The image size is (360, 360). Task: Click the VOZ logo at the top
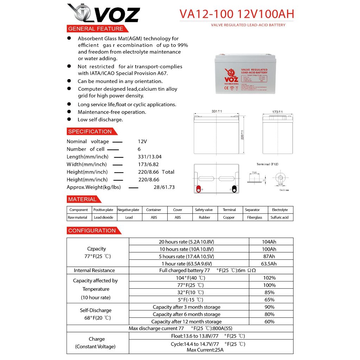(103, 13)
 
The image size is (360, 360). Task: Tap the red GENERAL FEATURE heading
(96, 29)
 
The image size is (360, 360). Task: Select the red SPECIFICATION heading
(90, 131)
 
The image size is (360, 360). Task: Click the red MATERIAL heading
(82, 199)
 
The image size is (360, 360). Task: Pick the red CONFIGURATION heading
(92, 231)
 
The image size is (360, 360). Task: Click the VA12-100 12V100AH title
(237, 14)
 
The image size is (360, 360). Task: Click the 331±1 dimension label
(217, 111)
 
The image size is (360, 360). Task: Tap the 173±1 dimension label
(277, 112)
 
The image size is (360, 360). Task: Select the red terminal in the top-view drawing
(198, 189)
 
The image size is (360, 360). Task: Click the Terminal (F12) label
(268, 164)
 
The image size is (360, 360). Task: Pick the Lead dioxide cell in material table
(103, 218)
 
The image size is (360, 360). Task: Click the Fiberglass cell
(255, 218)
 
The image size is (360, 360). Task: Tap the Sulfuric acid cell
(279, 218)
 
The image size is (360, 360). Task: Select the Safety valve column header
(204, 210)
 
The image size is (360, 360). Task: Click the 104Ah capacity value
(269, 242)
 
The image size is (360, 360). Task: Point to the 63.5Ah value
(269, 264)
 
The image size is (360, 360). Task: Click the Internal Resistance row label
(94, 270)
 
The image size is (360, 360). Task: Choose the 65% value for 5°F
(269, 300)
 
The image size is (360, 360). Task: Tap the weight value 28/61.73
(164, 187)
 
